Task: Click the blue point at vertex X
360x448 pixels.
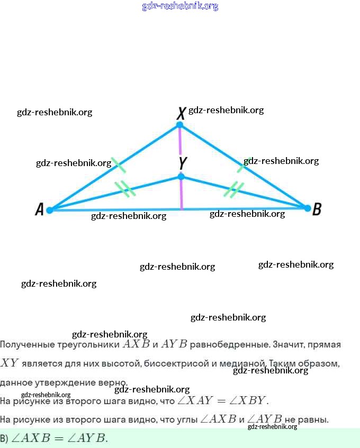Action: click(x=180, y=125)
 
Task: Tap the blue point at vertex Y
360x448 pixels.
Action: click(x=181, y=176)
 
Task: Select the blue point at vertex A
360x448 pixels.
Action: click(x=50, y=210)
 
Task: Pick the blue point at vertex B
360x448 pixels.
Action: click(x=307, y=208)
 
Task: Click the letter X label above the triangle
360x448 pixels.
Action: click(x=181, y=112)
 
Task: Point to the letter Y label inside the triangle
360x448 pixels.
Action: click(x=183, y=162)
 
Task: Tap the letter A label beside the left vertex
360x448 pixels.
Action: click(x=39, y=210)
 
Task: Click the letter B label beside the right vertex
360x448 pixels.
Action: click(x=317, y=209)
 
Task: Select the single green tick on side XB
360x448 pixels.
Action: click(x=244, y=164)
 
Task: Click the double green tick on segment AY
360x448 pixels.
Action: click(x=126, y=189)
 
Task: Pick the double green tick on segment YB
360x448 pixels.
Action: click(x=233, y=189)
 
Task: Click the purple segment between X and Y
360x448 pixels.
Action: click(x=181, y=150)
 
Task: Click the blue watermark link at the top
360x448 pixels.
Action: click(x=180, y=6)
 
